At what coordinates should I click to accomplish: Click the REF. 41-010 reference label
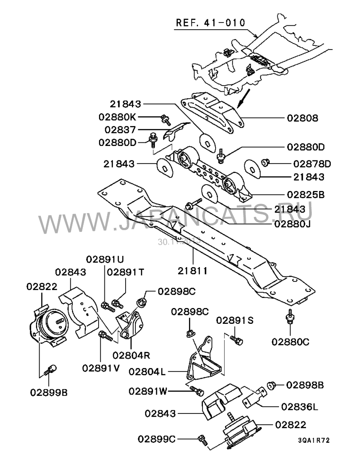tap(210, 23)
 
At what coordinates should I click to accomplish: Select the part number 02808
tap(302, 119)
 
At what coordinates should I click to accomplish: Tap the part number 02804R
tap(130, 354)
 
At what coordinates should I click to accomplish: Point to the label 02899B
tap(49, 392)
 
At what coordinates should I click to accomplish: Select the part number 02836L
tap(299, 406)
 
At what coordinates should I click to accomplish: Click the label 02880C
tap(290, 342)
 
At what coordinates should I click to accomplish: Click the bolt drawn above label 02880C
tap(290, 318)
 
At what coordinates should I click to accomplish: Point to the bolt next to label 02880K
tap(165, 119)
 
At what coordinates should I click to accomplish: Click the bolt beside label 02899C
tap(202, 437)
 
